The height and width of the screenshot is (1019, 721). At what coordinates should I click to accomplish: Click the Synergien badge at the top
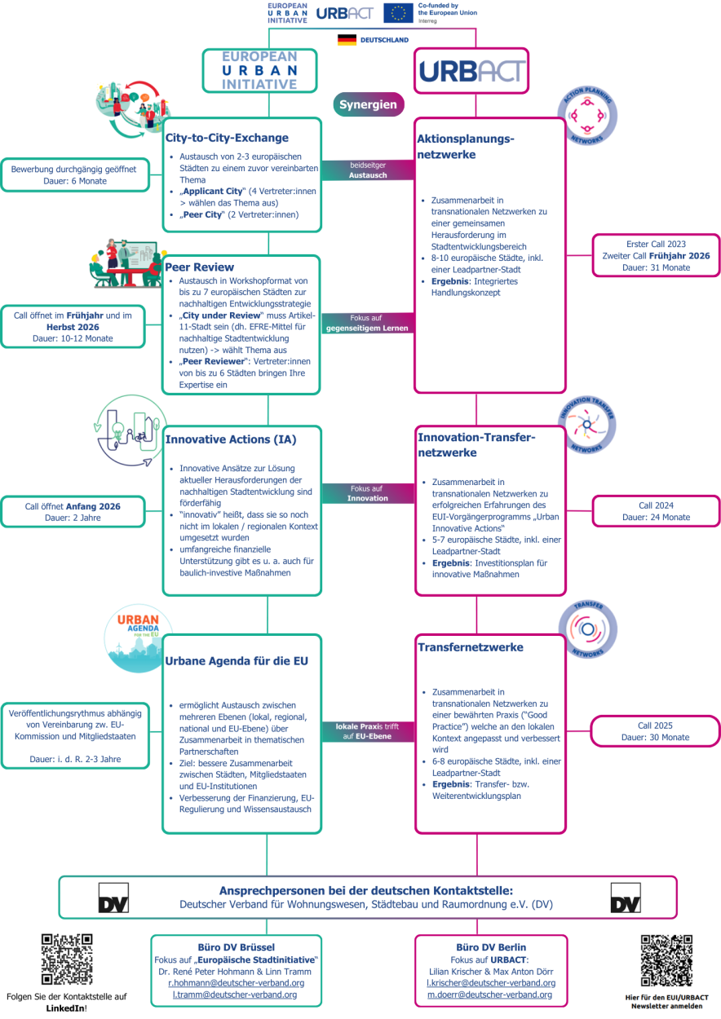pos(369,104)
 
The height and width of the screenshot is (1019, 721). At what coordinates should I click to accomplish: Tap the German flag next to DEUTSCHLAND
pos(347,39)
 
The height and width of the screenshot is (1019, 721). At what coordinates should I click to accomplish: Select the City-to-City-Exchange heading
pos(227,138)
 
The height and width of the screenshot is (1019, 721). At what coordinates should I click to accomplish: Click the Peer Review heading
pos(200,267)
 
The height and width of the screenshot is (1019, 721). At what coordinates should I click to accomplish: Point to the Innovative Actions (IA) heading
pos(231,439)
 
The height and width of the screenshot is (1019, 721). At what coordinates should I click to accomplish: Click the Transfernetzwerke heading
pos(471,647)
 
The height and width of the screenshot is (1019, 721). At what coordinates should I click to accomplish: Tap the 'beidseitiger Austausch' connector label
pos(368,170)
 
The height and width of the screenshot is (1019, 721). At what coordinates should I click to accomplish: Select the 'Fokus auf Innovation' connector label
pos(367,493)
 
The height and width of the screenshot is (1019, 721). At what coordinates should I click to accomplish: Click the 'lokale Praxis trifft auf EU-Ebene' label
pos(368,730)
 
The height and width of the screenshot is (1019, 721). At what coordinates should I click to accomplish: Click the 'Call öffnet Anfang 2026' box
pos(73,511)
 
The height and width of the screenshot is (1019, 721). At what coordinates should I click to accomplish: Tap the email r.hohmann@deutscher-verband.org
pos(236,982)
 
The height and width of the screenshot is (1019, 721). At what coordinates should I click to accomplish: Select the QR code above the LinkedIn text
pos(67,959)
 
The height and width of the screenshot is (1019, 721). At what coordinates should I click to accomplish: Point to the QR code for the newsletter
pos(666,959)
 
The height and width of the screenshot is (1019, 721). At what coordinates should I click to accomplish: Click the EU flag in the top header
pos(399,13)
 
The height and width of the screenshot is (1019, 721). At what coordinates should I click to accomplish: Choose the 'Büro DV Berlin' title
pos(491,947)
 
